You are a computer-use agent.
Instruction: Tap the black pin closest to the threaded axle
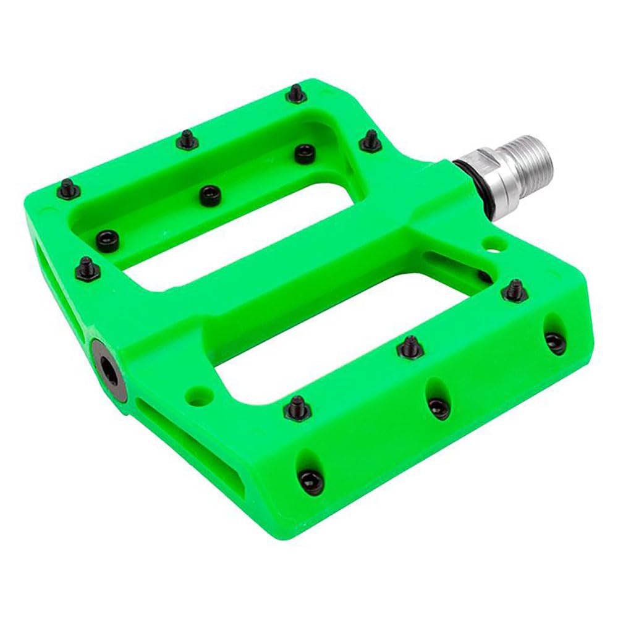(370, 142)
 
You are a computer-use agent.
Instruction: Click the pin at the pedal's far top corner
(297, 95)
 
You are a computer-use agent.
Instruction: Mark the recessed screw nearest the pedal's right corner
(554, 342)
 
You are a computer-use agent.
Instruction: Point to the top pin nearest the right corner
(514, 290)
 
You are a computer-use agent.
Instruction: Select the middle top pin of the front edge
(410, 348)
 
